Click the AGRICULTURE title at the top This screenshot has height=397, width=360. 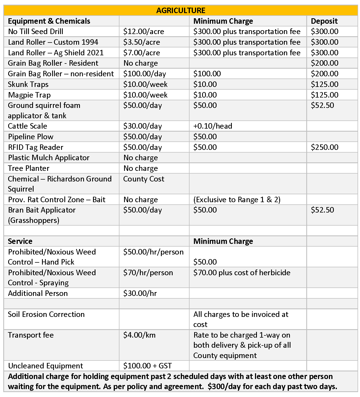point(181,10)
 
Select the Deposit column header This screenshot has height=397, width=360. point(324,21)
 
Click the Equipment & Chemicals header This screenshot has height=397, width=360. point(49,21)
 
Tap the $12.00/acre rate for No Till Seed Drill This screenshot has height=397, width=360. point(143,32)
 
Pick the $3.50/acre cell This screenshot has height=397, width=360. point(142,42)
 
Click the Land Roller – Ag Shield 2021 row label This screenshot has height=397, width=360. point(56,53)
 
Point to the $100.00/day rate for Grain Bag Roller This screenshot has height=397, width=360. point(145,74)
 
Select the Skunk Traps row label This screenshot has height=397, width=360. point(28,84)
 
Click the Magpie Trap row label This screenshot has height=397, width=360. point(29,95)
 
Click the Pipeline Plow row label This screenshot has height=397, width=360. point(31,137)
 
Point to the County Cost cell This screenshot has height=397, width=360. point(144,179)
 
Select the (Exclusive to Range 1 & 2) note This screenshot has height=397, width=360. point(237,200)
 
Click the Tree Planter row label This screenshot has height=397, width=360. point(29,168)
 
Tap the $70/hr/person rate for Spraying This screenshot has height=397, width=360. point(148,273)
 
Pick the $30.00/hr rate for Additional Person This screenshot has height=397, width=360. point(140,293)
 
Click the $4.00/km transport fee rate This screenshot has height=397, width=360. point(139,335)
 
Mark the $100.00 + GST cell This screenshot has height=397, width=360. point(148,366)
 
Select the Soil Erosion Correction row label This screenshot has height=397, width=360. point(46,314)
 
